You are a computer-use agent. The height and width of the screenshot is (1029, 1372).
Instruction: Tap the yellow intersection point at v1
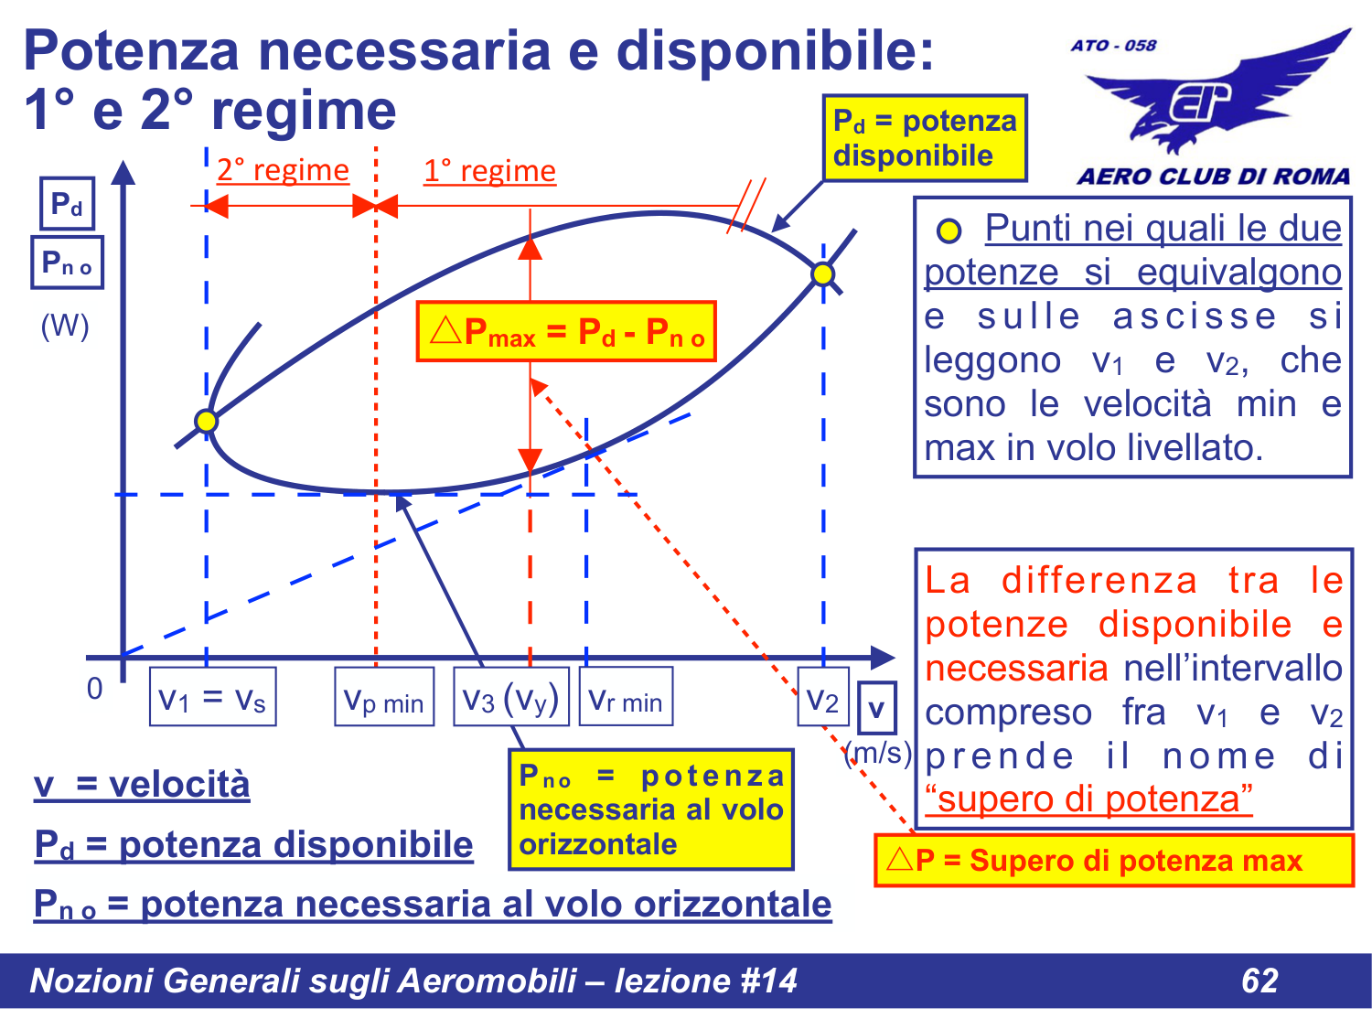coord(207,421)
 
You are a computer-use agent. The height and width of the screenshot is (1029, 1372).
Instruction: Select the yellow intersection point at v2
coord(823,273)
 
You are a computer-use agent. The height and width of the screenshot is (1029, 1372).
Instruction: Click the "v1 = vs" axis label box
coord(212,698)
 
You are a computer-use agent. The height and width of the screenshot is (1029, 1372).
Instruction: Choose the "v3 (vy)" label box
coord(510,698)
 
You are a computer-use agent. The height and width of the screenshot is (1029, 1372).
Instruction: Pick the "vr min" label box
coord(626,698)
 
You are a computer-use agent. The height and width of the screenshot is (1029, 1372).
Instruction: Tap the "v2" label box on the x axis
coord(822,698)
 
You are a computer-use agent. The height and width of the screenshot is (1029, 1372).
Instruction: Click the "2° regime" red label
coord(283,170)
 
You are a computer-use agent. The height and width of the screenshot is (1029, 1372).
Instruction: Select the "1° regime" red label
coord(489,171)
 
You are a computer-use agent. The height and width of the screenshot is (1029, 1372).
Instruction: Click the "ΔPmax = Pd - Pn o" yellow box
coord(566,331)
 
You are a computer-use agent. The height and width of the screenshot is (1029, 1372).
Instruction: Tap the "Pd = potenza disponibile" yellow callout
coord(924,138)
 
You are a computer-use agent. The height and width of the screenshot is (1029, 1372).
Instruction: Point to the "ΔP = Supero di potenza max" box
coord(1113,861)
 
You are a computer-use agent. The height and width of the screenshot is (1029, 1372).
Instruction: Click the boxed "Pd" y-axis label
coord(67,203)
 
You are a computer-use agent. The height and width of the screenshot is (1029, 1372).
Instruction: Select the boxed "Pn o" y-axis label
coord(67,263)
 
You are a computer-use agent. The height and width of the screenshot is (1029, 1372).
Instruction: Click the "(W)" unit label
coord(65,326)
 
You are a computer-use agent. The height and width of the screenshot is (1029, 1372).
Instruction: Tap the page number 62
coord(1259,981)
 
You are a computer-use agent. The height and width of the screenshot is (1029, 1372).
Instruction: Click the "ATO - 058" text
coord(1113,45)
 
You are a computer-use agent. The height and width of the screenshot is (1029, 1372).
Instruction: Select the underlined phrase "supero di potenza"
coord(1088,799)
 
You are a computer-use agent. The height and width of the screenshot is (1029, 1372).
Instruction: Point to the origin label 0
coord(94,689)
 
